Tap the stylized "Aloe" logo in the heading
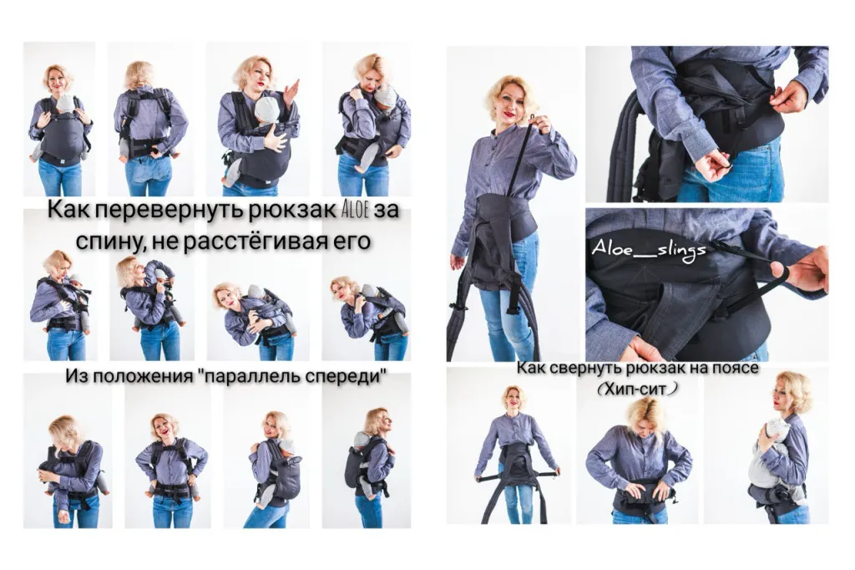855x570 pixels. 354,210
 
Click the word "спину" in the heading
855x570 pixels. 109,242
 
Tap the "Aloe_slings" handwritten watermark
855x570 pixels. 649,250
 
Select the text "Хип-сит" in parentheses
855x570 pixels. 637,388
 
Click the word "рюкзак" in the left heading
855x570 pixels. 293,211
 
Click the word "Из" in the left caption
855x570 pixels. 74,376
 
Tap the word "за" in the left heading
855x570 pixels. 386,211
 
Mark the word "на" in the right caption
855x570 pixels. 696,368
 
